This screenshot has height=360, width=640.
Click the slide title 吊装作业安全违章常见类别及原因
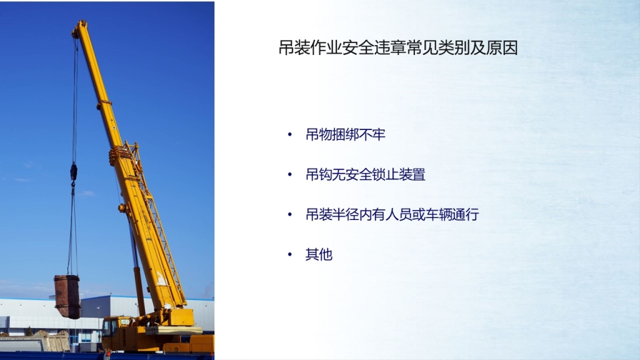[398, 47]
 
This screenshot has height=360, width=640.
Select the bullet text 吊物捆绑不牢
[345, 134]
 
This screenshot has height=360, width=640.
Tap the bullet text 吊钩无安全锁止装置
[365, 174]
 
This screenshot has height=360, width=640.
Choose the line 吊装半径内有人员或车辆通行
[392, 214]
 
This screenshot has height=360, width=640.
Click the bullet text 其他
[319, 254]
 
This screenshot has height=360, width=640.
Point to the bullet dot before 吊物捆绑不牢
[290, 134]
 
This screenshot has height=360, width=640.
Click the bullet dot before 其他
[290, 254]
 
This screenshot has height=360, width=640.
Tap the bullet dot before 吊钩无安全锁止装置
[290, 174]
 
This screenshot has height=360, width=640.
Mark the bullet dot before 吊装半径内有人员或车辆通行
[290, 214]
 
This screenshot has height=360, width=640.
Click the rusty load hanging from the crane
[67, 296]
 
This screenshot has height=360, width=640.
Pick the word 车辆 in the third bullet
[439, 214]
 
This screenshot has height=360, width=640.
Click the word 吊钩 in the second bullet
[319, 174]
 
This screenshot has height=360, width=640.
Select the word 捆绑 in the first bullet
[345, 134]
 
